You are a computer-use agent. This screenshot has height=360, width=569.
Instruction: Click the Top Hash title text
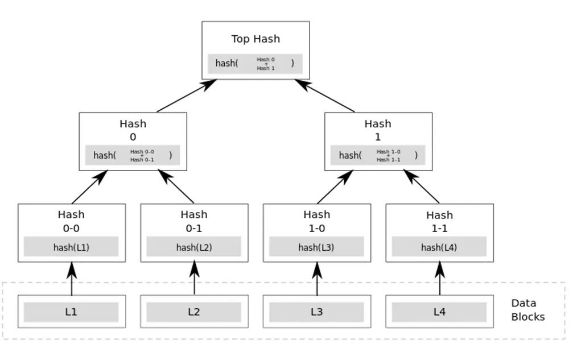pyautogui.click(x=255, y=39)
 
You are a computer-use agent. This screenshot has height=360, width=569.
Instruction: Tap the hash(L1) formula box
pyautogui.click(x=71, y=246)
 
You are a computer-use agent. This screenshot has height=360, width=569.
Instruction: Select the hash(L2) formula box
pyautogui.click(x=194, y=246)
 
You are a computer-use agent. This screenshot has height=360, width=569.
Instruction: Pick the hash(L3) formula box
pyautogui.click(x=316, y=246)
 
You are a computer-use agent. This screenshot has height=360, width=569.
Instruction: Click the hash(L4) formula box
pyautogui.click(x=439, y=246)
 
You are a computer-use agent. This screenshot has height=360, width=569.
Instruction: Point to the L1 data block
pyautogui.click(x=71, y=312)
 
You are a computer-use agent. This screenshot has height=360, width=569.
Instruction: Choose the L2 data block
pyautogui.click(x=194, y=312)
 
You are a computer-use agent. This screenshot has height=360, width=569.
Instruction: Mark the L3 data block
pyautogui.click(x=316, y=312)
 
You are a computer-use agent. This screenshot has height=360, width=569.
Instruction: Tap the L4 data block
pyautogui.click(x=439, y=312)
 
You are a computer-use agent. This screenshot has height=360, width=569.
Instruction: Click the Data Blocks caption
pyautogui.click(x=527, y=310)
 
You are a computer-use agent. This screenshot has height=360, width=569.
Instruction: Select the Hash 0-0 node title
pyautogui.click(x=71, y=221)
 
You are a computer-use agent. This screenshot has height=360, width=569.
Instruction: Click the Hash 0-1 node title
pyautogui.click(x=194, y=221)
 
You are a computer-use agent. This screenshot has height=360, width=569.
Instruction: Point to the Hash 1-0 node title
pyautogui.click(x=316, y=221)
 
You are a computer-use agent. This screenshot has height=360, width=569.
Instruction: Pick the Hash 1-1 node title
pyautogui.click(x=439, y=221)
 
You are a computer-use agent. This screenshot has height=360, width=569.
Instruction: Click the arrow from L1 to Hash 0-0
pyautogui.click(x=72, y=279)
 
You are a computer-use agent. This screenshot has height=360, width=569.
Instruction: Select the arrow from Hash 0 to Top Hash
pyautogui.click(x=187, y=96)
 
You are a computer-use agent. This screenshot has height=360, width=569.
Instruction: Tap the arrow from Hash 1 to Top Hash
pyautogui.click(x=325, y=96)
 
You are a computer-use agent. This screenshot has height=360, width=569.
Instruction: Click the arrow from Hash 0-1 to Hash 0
pyautogui.click(x=176, y=187)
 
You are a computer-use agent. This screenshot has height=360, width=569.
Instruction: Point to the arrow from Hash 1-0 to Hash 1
pyautogui.click(x=335, y=187)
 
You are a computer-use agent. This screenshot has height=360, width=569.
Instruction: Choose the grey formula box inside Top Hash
pyautogui.click(x=255, y=64)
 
